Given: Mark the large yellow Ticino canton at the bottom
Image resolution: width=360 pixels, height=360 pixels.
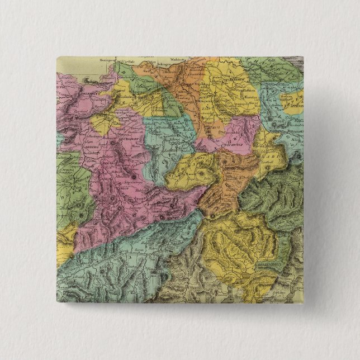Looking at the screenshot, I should [235, 246].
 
